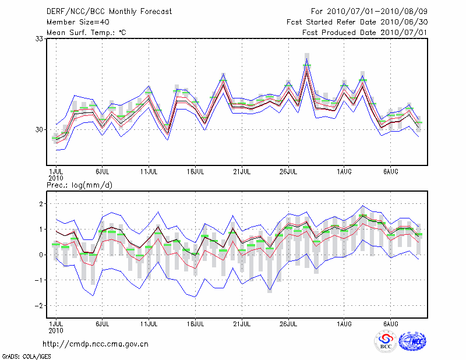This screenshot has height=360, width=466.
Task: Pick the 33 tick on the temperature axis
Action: pyautogui.click(x=40, y=38)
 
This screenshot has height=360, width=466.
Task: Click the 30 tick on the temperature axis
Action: pyautogui.click(x=40, y=129)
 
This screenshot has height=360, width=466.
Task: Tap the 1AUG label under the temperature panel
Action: pyautogui.click(x=344, y=172)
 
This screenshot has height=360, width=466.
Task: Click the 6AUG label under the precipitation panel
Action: pyautogui.click(x=390, y=323)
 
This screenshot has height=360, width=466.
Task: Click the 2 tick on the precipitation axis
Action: pyautogui.click(x=41, y=204)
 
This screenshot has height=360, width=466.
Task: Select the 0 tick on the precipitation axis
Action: pyautogui.click(x=41, y=255)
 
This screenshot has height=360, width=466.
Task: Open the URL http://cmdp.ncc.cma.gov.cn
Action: pyautogui.click(x=96, y=344)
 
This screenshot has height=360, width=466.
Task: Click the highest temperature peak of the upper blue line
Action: pyautogui.click(x=306, y=54)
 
